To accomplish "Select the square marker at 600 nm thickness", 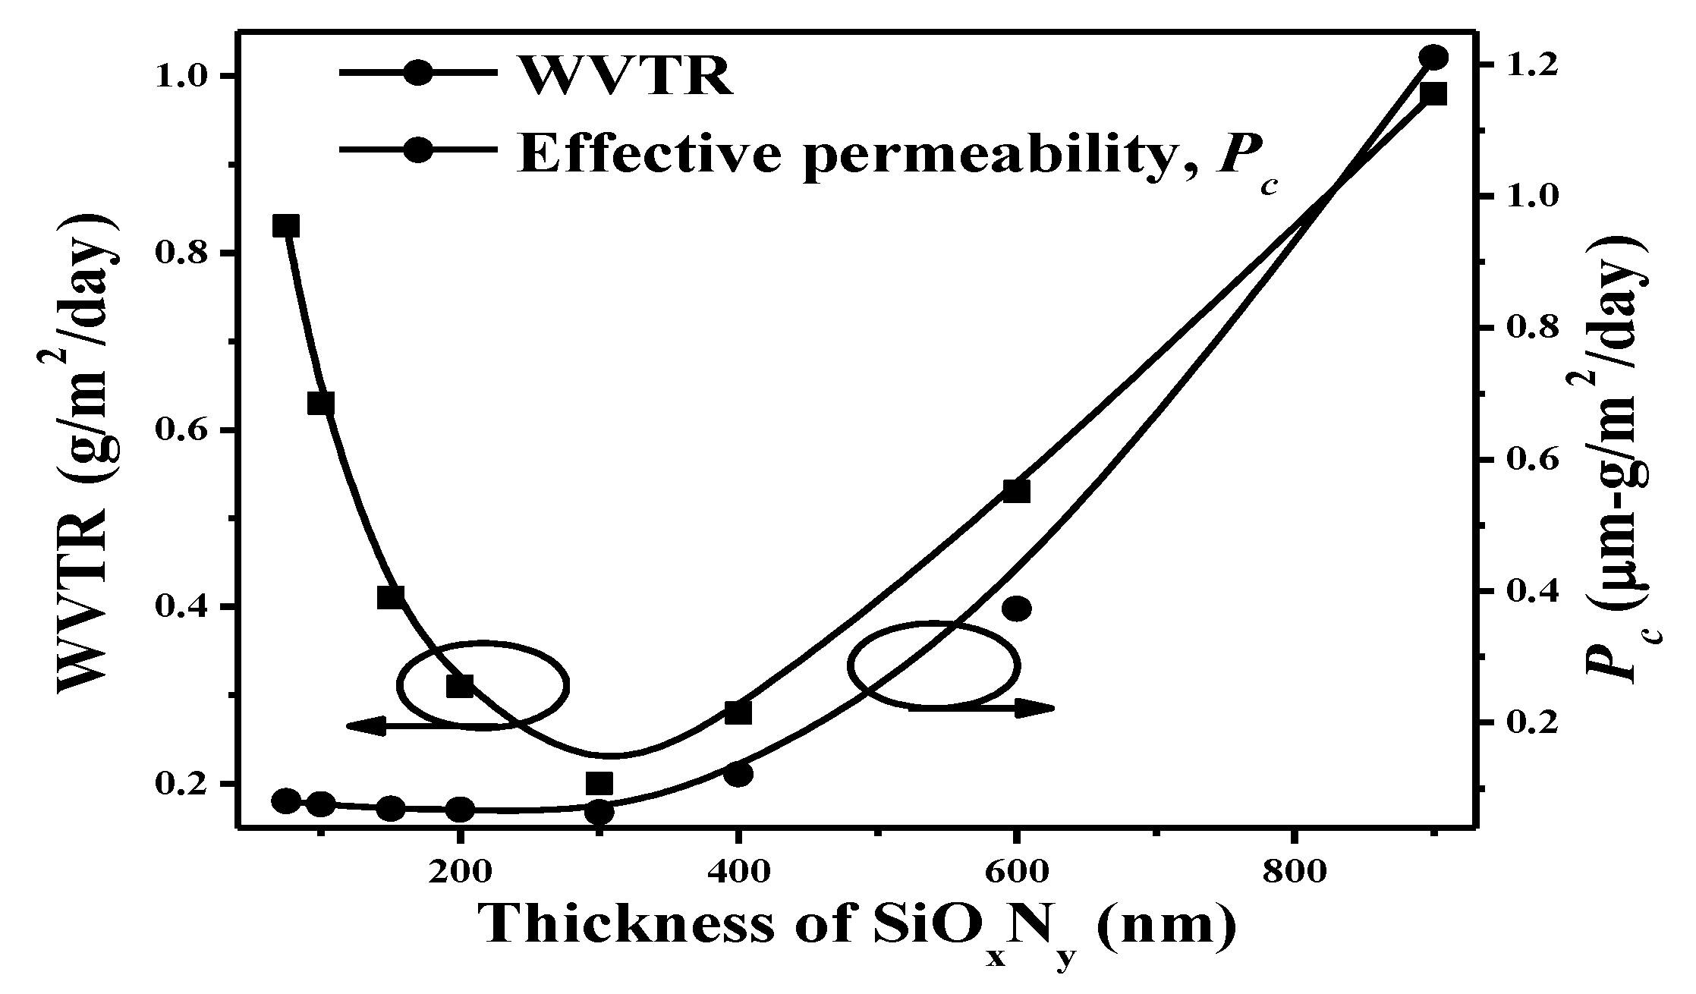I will tap(1016, 491).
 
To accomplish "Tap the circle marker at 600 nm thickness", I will tap(1017, 608).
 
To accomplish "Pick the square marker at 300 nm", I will tap(599, 783).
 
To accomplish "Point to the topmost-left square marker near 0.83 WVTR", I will tap(286, 225).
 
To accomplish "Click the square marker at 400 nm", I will tap(738, 712).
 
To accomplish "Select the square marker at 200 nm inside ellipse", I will tap(460, 686).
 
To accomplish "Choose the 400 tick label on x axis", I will tap(737, 873).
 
